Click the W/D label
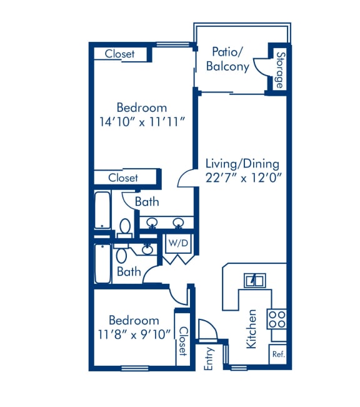tap(178, 243)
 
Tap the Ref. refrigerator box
tap(278, 354)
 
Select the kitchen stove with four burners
tap(277, 319)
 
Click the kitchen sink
tap(254, 280)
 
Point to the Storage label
tap(280, 70)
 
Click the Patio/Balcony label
tap(227, 59)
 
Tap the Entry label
tap(208, 358)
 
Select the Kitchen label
tap(251, 329)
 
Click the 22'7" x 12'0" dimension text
tap(244, 178)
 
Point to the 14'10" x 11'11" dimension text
tap(142, 121)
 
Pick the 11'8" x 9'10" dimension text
tap(134, 334)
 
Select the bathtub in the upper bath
tap(102, 210)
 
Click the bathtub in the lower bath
tap(102, 263)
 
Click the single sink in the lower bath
tap(147, 249)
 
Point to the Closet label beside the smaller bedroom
tap(183, 341)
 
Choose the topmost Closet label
tap(119, 54)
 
